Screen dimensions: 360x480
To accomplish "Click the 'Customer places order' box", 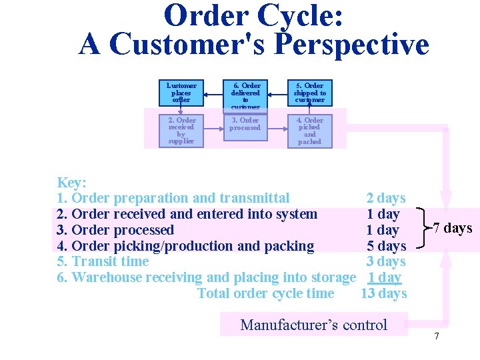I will click(x=181, y=93).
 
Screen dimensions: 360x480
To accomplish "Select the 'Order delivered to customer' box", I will click(x=245, y=94).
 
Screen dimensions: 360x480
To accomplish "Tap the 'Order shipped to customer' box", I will click(x=309, y=93).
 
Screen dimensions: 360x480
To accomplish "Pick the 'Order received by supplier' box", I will click(x=181, y=130).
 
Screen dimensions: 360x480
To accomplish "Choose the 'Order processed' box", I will click(x=245, y=127).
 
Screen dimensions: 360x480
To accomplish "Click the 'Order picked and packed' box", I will click(x=309, y=130).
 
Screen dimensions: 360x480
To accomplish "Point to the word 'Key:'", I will click(x=71, y=183).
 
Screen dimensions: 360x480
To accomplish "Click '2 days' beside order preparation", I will click(x=386, y=198).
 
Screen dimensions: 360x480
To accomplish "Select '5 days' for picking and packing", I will click(x=386, y=246).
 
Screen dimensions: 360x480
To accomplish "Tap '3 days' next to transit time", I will click(x=386, y=261).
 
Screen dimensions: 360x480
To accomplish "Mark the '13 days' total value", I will click(x=383, y=293).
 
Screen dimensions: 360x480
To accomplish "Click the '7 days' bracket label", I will click(x=453, y=229).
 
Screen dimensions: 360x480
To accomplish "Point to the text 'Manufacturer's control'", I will click(x=313, y=325).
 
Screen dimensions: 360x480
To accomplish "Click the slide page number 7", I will click(x=437, y=336).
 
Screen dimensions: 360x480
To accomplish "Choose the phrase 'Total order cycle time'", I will click(x=266, y=293).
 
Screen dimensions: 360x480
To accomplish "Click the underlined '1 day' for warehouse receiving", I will click(x=385, y=277).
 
